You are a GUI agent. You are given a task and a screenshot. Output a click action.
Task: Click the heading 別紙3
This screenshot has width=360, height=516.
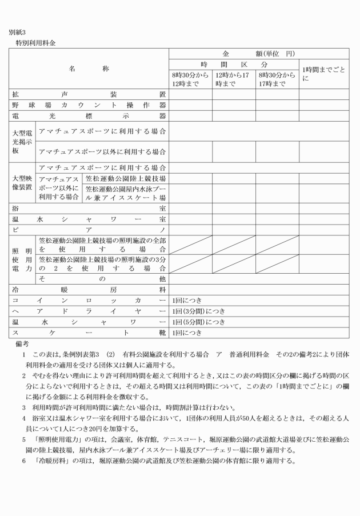17,33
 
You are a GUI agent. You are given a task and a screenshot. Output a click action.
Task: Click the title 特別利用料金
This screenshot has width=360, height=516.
35,42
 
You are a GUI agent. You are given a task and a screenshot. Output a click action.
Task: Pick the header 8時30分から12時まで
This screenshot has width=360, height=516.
190,79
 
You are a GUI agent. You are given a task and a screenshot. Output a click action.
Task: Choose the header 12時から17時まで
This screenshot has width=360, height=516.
233,79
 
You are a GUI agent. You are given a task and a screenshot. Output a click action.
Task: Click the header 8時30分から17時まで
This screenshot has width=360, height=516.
277,79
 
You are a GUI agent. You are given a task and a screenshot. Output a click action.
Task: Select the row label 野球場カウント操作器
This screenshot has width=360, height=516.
89,105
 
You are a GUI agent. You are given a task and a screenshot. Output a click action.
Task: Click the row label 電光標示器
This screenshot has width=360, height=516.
89,116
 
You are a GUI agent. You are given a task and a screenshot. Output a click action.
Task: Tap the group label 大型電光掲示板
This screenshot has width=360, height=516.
23,142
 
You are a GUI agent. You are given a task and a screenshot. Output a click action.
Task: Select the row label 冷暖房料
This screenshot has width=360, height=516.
89,289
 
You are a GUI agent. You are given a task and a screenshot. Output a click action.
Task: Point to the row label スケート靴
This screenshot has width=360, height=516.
89,332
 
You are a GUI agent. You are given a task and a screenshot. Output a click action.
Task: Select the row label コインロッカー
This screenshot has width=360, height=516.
89,300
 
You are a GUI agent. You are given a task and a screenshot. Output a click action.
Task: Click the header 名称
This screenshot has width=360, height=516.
89,69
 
